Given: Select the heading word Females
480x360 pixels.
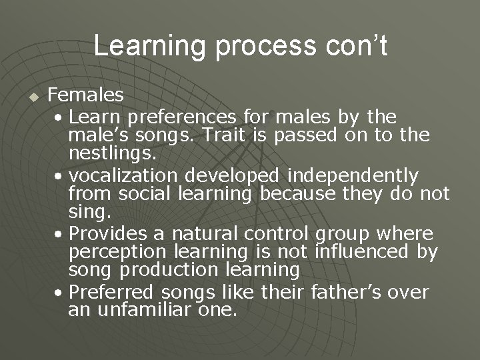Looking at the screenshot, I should tap(85, 98).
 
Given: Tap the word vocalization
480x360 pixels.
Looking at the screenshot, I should tap(123, 176).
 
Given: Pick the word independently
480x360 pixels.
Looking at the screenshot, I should tap(353, 176).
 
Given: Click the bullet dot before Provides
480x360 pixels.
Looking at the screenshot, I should tap(61, 235).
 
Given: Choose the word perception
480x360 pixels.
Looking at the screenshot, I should tap(122, 253).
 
